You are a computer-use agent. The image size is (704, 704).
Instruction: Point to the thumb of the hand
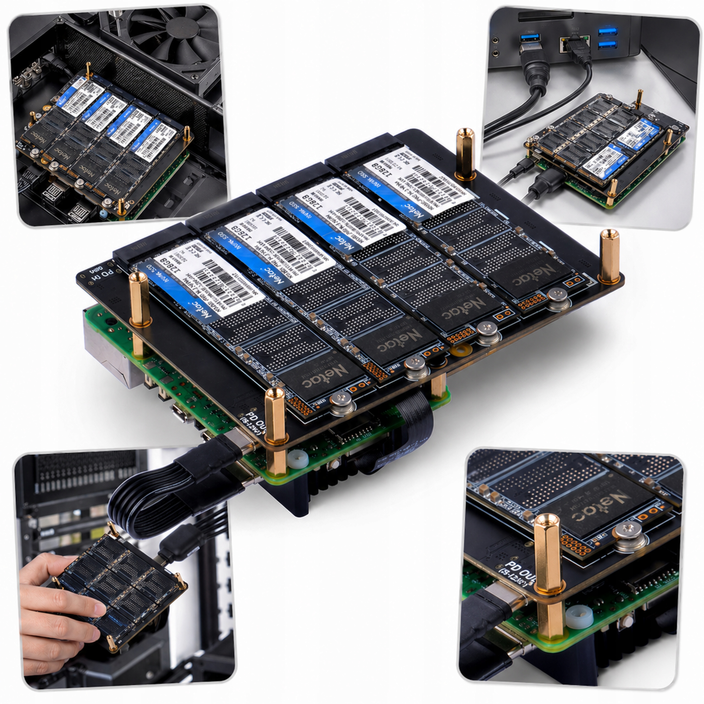[x=40, y=568]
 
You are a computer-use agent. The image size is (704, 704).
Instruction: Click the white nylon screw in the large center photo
[x=295, y=458]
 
